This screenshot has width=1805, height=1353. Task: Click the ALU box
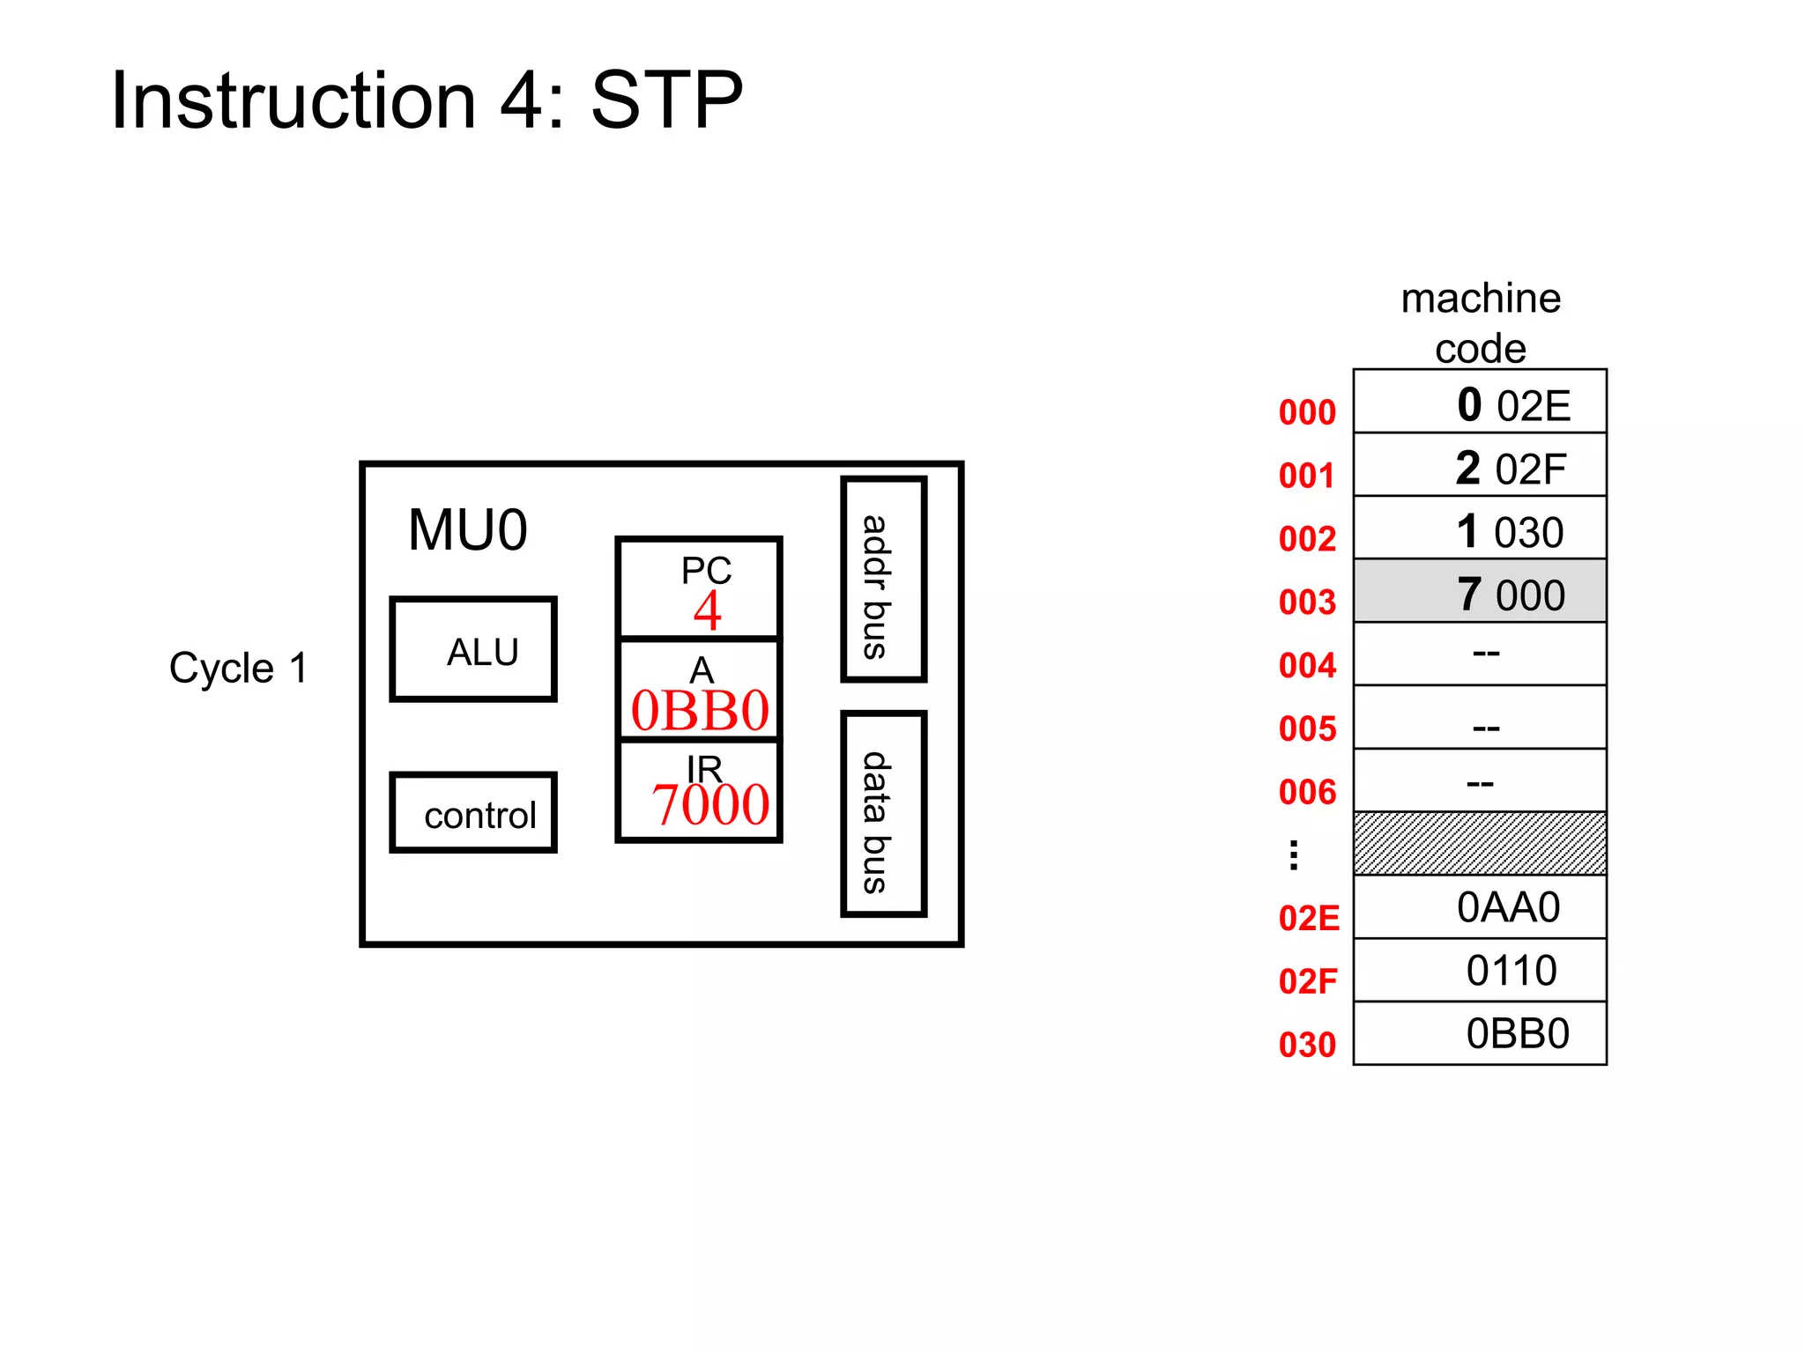tap(473, 650)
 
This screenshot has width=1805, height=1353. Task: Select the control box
tap(473, 813)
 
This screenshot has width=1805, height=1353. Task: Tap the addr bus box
tap(883, 580)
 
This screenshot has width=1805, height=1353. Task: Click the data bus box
tap(883, 814)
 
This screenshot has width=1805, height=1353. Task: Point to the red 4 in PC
tap(707, 611)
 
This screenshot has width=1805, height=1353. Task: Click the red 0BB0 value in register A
tap(700, 712)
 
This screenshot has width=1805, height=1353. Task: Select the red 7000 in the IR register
tap(709, 805)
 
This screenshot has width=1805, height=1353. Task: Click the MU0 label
tap(467, 531)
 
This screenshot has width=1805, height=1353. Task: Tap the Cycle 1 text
tap(238, 668)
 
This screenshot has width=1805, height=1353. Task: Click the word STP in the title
tap(666, 100)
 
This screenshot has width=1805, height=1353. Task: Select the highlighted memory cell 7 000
tap(1479, 592)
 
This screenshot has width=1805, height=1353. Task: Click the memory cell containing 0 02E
tap(1479, 403)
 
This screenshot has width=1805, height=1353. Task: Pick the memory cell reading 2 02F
tap(1479, 466)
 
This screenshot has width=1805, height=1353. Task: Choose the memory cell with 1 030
tap(1479, 529)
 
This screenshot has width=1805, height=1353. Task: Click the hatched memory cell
tap(1479, 843)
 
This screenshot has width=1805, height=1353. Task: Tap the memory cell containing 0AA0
tap(1479, 907)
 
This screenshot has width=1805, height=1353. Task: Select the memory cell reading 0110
tap(1479, 971)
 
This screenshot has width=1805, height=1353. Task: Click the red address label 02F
tap(1308, 981)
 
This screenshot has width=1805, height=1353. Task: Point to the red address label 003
tap(1307, 603)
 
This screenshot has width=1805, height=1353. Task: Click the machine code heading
tap(1481, 322)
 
